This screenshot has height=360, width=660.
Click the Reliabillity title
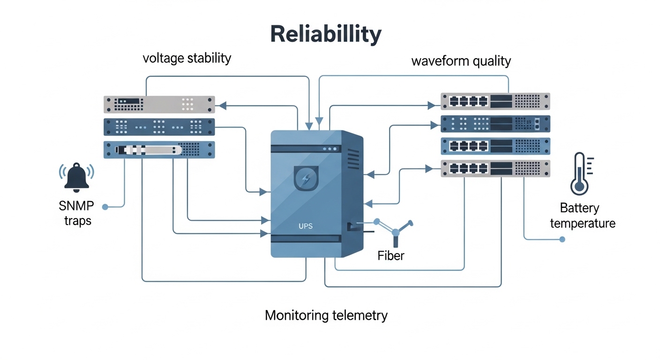(x=326, y=34)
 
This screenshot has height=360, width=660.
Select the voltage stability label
(x=187, y=58)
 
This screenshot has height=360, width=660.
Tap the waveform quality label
(x=461, y=61)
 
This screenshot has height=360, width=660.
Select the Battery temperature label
(x=582, y=216)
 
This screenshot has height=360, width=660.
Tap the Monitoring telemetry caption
(x=326, y=315)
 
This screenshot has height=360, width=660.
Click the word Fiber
(x=390, y=255)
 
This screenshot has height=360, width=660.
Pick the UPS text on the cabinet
(x=305, y=226)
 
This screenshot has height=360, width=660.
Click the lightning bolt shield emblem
(x=306, y=178)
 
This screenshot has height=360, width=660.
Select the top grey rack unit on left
(x=159, y=104)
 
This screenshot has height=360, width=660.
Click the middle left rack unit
(x=159, y=127)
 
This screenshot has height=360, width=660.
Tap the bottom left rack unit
(x=159, y=150)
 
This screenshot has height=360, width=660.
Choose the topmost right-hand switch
(x=495, y=101)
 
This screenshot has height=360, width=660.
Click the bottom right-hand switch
(x=495, y=168)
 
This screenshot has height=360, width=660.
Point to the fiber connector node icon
(x=395, y=230)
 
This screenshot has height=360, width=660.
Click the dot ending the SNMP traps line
(x=105, y=206)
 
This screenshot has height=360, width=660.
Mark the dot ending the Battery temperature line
(x=562, y=240)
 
